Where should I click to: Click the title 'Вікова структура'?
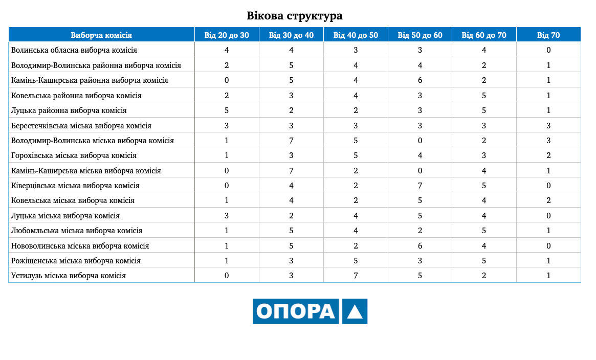(x=295, y=16)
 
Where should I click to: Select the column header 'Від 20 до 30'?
(x=227, y=35)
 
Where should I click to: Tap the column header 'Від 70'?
(x=548, y=35)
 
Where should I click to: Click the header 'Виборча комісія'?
(x=101, y=35)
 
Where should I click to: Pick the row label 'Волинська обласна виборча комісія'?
(x=74, y=50)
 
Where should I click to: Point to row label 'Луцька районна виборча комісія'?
(x=69, y=110)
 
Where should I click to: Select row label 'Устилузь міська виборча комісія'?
(x=69, y=276)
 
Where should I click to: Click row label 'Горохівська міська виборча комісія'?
(x=74, y=155)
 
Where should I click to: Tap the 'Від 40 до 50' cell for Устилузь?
(x=356, y=276)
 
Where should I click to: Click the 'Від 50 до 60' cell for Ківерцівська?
(x=420, y=186)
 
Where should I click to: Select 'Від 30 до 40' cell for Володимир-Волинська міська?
(x=291, y=141)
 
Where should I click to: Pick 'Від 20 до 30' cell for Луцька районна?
(x=227, y=110)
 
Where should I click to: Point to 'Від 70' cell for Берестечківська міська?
(x=548, y=126)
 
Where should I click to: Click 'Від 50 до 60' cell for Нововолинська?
(x=420, y=246)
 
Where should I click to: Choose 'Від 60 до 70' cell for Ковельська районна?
(x=484, y=96)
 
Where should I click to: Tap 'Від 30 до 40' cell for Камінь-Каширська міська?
(x=291, y=171)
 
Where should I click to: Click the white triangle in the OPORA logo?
(x=355, y=311)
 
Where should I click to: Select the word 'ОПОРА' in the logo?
(x=295, y=311)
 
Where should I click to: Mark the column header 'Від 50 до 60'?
(x=420, y=35)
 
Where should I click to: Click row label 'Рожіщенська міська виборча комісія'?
(x=76, y=261)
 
